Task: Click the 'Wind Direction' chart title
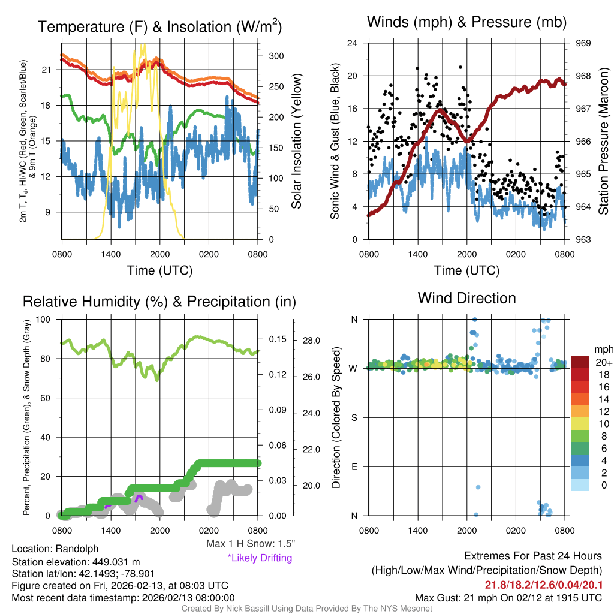point(466,298)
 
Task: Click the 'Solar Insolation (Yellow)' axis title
point(297,142)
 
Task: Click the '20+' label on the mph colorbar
point(602,362)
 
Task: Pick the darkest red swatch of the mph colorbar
point(580,362)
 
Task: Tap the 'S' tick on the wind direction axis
point(354,417)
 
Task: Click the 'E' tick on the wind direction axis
point(354,466)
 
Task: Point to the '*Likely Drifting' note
point(260,558)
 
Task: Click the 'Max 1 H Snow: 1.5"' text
point(250,543)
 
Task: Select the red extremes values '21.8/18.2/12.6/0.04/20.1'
point(543,585)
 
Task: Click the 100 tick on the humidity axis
point(50,319)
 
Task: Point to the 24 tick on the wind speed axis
point(353,43)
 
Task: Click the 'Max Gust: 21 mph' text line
point(508,597)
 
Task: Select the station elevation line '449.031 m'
point(76,562)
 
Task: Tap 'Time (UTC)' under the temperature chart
point(159,270)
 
